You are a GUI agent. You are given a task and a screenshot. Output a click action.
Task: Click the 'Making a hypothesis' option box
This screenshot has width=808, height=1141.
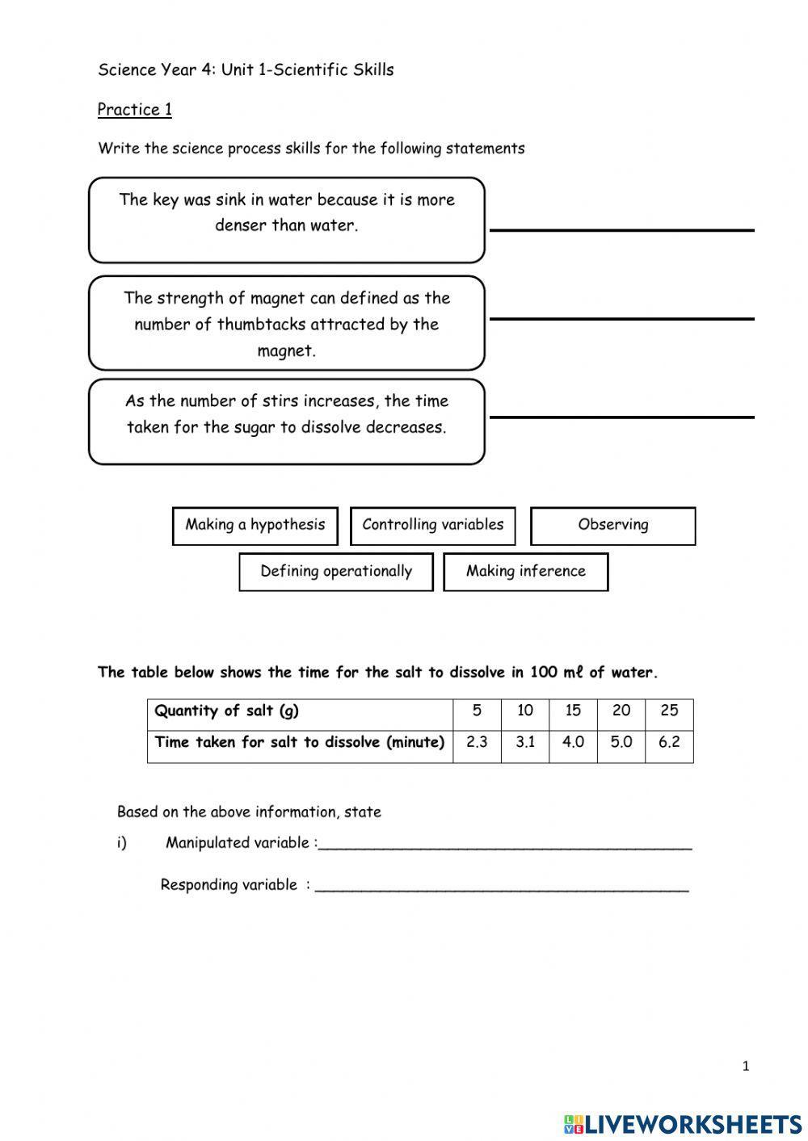click(x=255, y=526)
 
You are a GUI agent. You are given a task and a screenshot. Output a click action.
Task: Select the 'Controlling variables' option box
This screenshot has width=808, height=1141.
click(x=433, y=526)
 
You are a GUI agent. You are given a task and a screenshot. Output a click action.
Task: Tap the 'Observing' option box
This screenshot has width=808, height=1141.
click(x=612, y=526)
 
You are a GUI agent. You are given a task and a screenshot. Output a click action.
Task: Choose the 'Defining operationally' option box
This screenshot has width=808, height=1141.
click(x=336, y=572)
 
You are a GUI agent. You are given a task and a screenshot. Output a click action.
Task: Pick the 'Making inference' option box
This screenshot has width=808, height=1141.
click(x=525, y=572)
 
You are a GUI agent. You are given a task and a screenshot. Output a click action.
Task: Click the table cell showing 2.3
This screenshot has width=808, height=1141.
click(x=477, y=742)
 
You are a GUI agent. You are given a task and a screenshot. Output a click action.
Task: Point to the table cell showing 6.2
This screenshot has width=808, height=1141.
click(x=669, y=742)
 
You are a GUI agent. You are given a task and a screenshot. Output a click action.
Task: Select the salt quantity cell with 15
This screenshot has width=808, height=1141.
click(x=573, y=711)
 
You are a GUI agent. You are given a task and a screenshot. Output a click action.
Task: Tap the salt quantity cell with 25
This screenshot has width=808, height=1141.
click(x=669, y=711)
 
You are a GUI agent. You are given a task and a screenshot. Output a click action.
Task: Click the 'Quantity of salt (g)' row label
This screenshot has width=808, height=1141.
click(x=227, y=711)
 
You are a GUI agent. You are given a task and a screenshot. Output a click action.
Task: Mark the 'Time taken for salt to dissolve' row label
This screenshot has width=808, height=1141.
click(x=300, y=742)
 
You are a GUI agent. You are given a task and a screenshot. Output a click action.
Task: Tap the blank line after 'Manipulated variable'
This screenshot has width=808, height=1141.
click(x=505, y=845)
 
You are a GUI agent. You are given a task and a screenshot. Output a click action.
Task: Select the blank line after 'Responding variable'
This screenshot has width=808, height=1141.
click(x=502, y=887)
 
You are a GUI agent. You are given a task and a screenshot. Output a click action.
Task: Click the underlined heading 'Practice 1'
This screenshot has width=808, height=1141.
click(x=135, y=110)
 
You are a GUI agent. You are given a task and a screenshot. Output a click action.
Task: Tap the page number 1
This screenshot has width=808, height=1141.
click(x=745, y=1066)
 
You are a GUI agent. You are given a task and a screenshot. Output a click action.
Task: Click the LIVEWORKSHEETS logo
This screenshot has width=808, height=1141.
click(x=683, y=1122)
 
